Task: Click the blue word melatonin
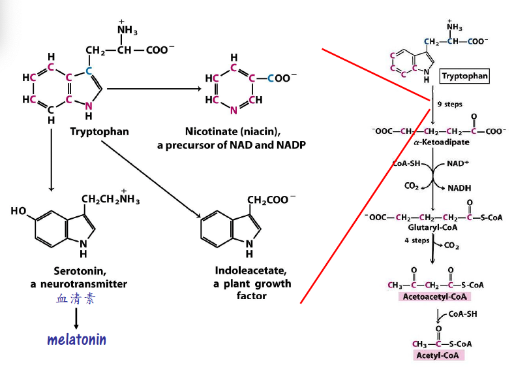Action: [x=76, y=340]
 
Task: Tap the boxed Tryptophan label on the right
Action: [x=464, y=76]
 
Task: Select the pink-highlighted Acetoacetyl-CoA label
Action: [x=434, y=297]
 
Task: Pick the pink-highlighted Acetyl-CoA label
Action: [x=440, y=355]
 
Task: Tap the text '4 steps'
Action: [x=416, y=240]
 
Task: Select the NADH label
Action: [x=460, y=187]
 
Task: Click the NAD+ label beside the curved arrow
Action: [x=461, y=163]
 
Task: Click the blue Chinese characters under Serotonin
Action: [x=76, y=299]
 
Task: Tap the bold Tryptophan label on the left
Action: [x=99, y=131]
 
